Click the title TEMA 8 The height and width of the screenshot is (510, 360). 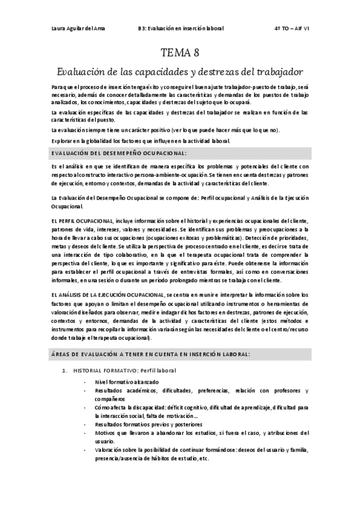pos(180,54)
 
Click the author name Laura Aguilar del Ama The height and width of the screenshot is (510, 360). pos(76,28)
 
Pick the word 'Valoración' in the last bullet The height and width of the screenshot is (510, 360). pos(109,449)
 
